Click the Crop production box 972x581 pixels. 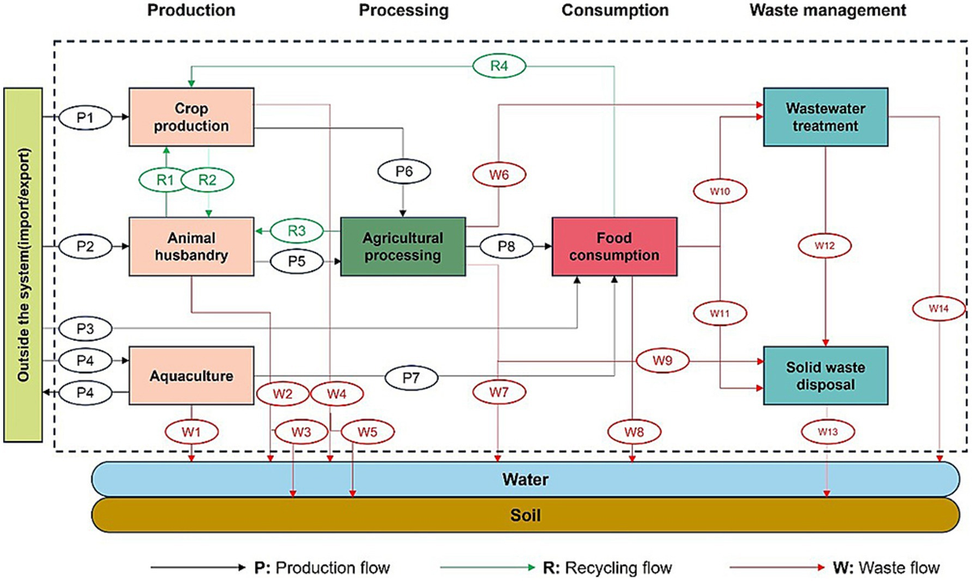[x=191, y=117]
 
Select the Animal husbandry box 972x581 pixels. [x=191, y=246]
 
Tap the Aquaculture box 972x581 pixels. [x=191, y=376]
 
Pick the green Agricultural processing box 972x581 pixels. [x=403, y=246]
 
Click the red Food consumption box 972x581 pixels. [x=614, y=246]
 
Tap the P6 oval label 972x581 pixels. [x=403, y=172]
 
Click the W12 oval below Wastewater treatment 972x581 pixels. [x=825, y=243]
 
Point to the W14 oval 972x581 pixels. [x=938, y=307]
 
